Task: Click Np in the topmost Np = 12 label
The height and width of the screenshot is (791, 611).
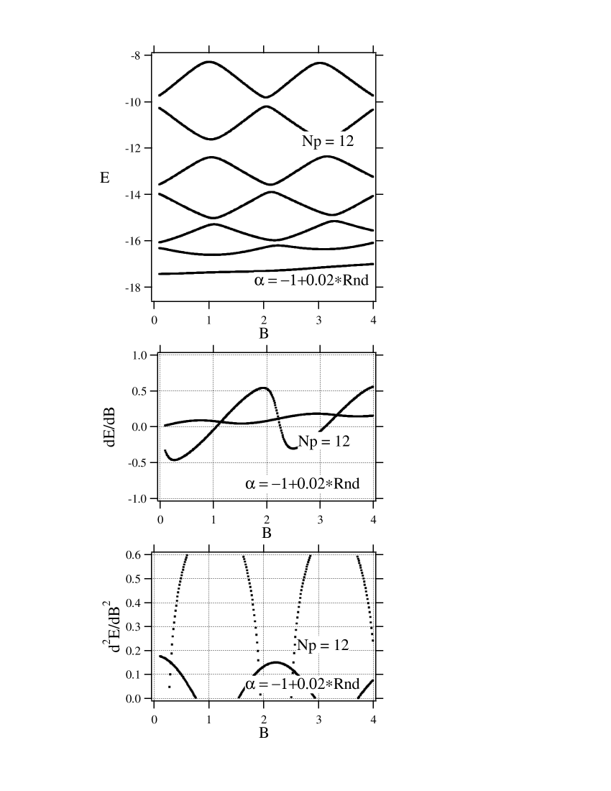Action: [311, 141]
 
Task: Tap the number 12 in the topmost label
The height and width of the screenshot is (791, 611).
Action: [346, 141]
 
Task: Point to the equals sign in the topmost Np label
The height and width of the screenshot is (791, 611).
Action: [329, 142]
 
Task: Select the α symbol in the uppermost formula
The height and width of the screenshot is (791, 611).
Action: [259, 281]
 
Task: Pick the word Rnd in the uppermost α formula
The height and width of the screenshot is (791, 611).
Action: [356, 280]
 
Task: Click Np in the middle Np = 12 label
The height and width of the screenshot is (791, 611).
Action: [308, 442]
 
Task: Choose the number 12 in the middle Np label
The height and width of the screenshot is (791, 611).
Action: [341, 441]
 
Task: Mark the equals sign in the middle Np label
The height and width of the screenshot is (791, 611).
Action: [325, 442]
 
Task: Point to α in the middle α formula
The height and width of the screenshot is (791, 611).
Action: [250, 485]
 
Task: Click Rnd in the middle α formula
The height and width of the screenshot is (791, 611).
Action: [347, 484]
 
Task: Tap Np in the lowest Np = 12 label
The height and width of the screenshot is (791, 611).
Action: [306, 646]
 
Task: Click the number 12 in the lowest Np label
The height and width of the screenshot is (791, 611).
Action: [341, 645]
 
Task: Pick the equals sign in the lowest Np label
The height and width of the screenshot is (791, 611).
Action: [324, 646]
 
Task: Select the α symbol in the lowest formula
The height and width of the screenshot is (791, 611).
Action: [250, 685]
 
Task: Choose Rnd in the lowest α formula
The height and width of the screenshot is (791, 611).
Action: [347, 684]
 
